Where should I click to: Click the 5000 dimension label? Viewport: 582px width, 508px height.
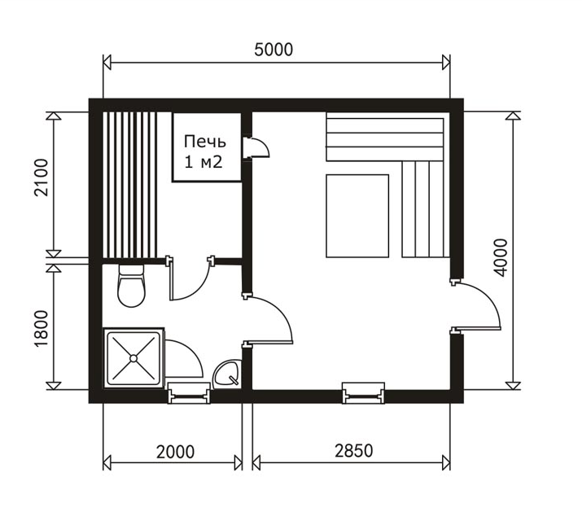[x=273, y=50]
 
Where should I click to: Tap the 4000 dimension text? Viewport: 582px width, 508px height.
[x=501, y=258]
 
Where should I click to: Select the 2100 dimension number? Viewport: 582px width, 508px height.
[x=42, y=177]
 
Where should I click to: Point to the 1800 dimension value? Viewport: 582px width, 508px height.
[x=42, y=329]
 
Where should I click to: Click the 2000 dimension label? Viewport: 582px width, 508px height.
[x=175, y=452]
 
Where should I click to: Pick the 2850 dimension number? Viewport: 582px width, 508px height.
[x=354, y=451]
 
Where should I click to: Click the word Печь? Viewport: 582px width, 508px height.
[x=205, y=142]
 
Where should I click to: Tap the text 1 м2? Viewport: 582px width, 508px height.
[x=203, y=162]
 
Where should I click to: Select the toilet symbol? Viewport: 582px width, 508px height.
[x=131, y=286]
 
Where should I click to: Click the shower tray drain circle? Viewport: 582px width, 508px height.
[x=133, y=358]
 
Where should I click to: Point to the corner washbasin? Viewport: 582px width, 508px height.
[x=227, y=373]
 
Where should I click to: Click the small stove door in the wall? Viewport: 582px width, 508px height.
[x=256, y=148]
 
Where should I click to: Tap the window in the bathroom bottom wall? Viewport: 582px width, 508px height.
[x=189, y=393]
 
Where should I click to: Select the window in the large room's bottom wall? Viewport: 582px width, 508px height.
[x=363, y=393]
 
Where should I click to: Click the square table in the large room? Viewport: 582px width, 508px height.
[x=357, y=216]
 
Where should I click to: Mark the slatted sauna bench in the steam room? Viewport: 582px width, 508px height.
[x=130, y=185]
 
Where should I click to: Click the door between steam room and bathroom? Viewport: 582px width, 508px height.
[x=191, y=278]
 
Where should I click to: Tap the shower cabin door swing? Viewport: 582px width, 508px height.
[x=184, y=358]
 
